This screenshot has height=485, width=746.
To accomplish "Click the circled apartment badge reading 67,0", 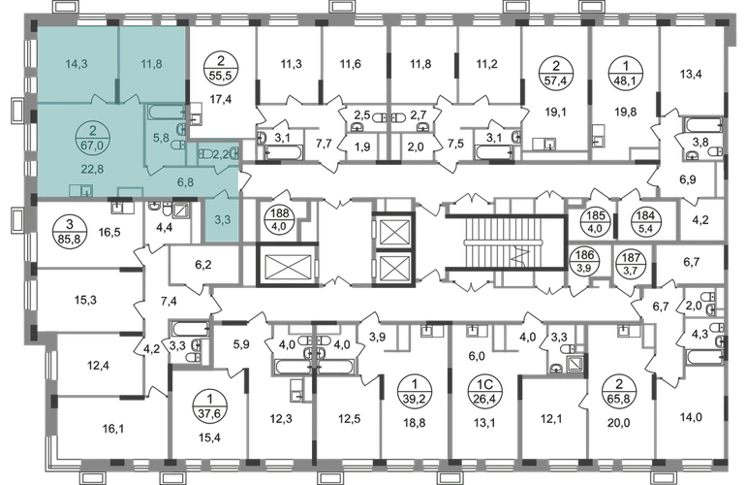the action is [x=92, y=138].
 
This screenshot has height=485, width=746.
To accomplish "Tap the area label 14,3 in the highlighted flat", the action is [x=77, y=63].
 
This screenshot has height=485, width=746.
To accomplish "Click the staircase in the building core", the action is [x=507, y=243].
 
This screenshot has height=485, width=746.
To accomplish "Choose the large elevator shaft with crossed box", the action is [x=288, y=266].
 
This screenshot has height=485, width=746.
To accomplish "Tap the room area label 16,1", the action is [x=112, y=429].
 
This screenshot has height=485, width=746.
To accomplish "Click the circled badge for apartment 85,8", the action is [x=67, y=230].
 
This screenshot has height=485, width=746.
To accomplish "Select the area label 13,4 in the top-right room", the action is [x=691, y=74].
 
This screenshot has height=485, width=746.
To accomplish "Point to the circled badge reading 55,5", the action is [x=220, y=69].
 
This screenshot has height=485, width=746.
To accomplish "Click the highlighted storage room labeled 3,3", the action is [x=222, y=219].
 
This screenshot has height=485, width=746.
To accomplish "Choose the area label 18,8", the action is [x=415, y=422].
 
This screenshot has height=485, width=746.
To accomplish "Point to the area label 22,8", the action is [x=92, y=169].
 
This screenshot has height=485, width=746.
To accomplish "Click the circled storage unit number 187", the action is [x=631, y=261].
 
